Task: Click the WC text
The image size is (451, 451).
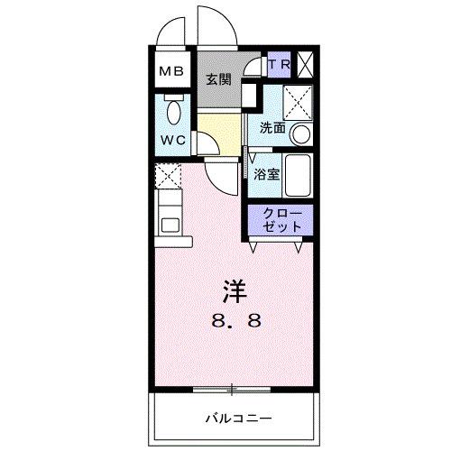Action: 172,141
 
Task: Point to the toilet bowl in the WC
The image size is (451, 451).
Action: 173,114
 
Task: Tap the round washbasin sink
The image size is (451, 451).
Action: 300,134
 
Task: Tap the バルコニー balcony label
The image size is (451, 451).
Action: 237,418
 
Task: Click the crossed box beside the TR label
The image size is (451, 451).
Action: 306,65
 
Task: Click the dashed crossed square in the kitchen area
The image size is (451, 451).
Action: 168,176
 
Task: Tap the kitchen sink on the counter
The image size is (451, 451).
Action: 167,221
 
